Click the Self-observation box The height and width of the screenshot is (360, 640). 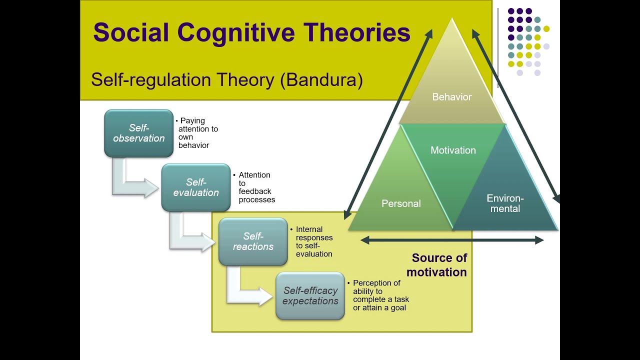(138, 133)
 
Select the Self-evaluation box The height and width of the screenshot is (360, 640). (196, 187)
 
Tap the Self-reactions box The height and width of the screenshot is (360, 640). (253, 241)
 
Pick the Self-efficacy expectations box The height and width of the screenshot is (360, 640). (310, 296)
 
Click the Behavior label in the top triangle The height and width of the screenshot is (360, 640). (452, 97)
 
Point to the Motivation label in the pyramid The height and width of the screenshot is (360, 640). (453, 150)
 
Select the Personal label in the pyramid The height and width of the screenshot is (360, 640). (401, 204)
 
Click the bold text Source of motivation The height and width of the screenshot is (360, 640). (437, 265)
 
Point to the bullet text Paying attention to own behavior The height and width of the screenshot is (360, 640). (197, 133)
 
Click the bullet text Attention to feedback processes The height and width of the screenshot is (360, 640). (256, 187)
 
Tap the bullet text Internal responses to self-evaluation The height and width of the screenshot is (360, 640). (313, 241)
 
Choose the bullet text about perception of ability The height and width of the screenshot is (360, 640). (380, 295)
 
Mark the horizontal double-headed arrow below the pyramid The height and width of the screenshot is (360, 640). (452, 240)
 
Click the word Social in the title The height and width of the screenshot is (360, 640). (131, 33)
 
